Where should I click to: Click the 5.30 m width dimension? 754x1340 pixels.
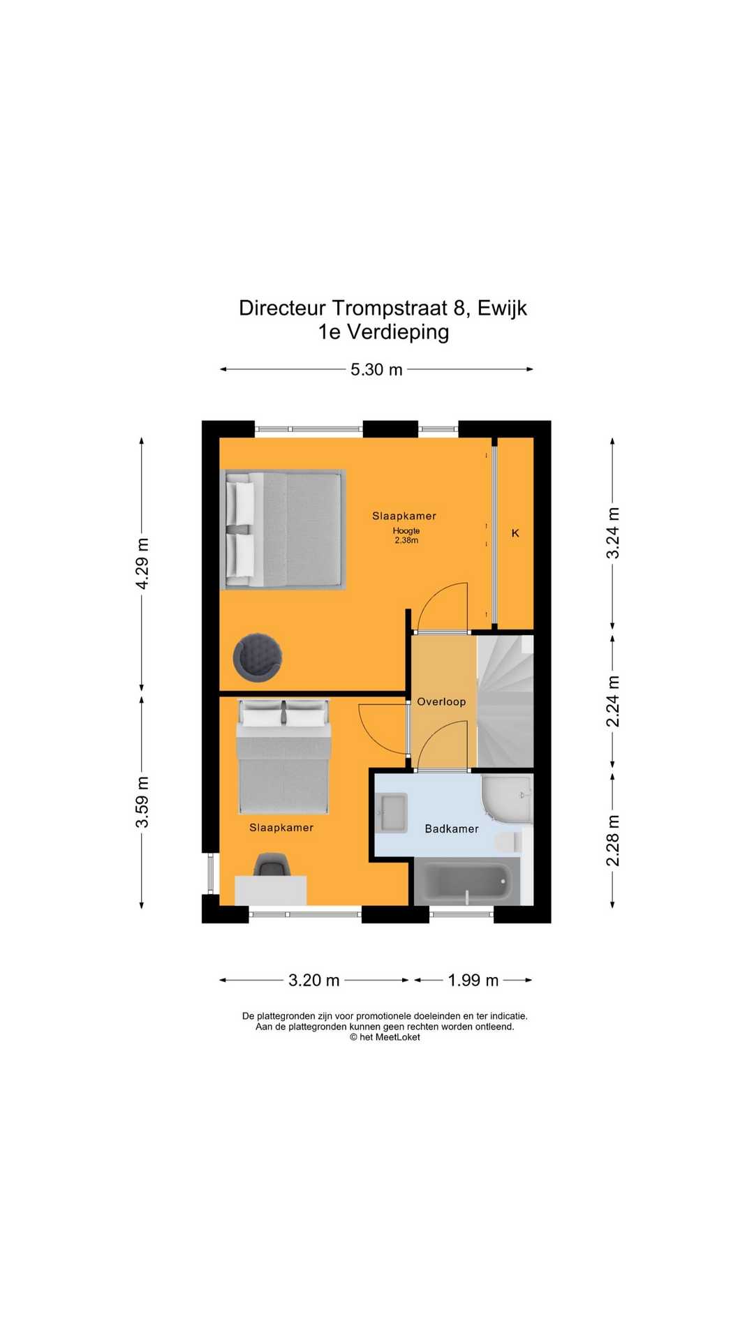click(376, 369)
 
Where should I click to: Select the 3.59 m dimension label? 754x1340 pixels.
click(142, 802)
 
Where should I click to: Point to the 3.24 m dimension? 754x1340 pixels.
click(612, 533)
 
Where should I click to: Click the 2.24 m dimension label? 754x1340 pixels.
click(612, 701)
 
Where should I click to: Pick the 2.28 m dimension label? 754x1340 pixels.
click(612, 840)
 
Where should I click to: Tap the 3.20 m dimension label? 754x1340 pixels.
click(313, 980)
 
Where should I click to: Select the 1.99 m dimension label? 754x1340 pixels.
click(473, 980)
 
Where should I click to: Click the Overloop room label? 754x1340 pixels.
click(441, 701)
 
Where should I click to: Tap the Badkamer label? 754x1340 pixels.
click(452, 828)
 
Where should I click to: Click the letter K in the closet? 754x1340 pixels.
click(515, 533)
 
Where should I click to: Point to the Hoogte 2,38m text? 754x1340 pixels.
click(406, 535)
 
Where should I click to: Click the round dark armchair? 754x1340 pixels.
click(258, 657)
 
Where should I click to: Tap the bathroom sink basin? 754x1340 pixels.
click(392, 813)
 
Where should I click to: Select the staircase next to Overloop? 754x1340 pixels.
click(505, 701)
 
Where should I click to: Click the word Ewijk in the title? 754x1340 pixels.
click(502, 308)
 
